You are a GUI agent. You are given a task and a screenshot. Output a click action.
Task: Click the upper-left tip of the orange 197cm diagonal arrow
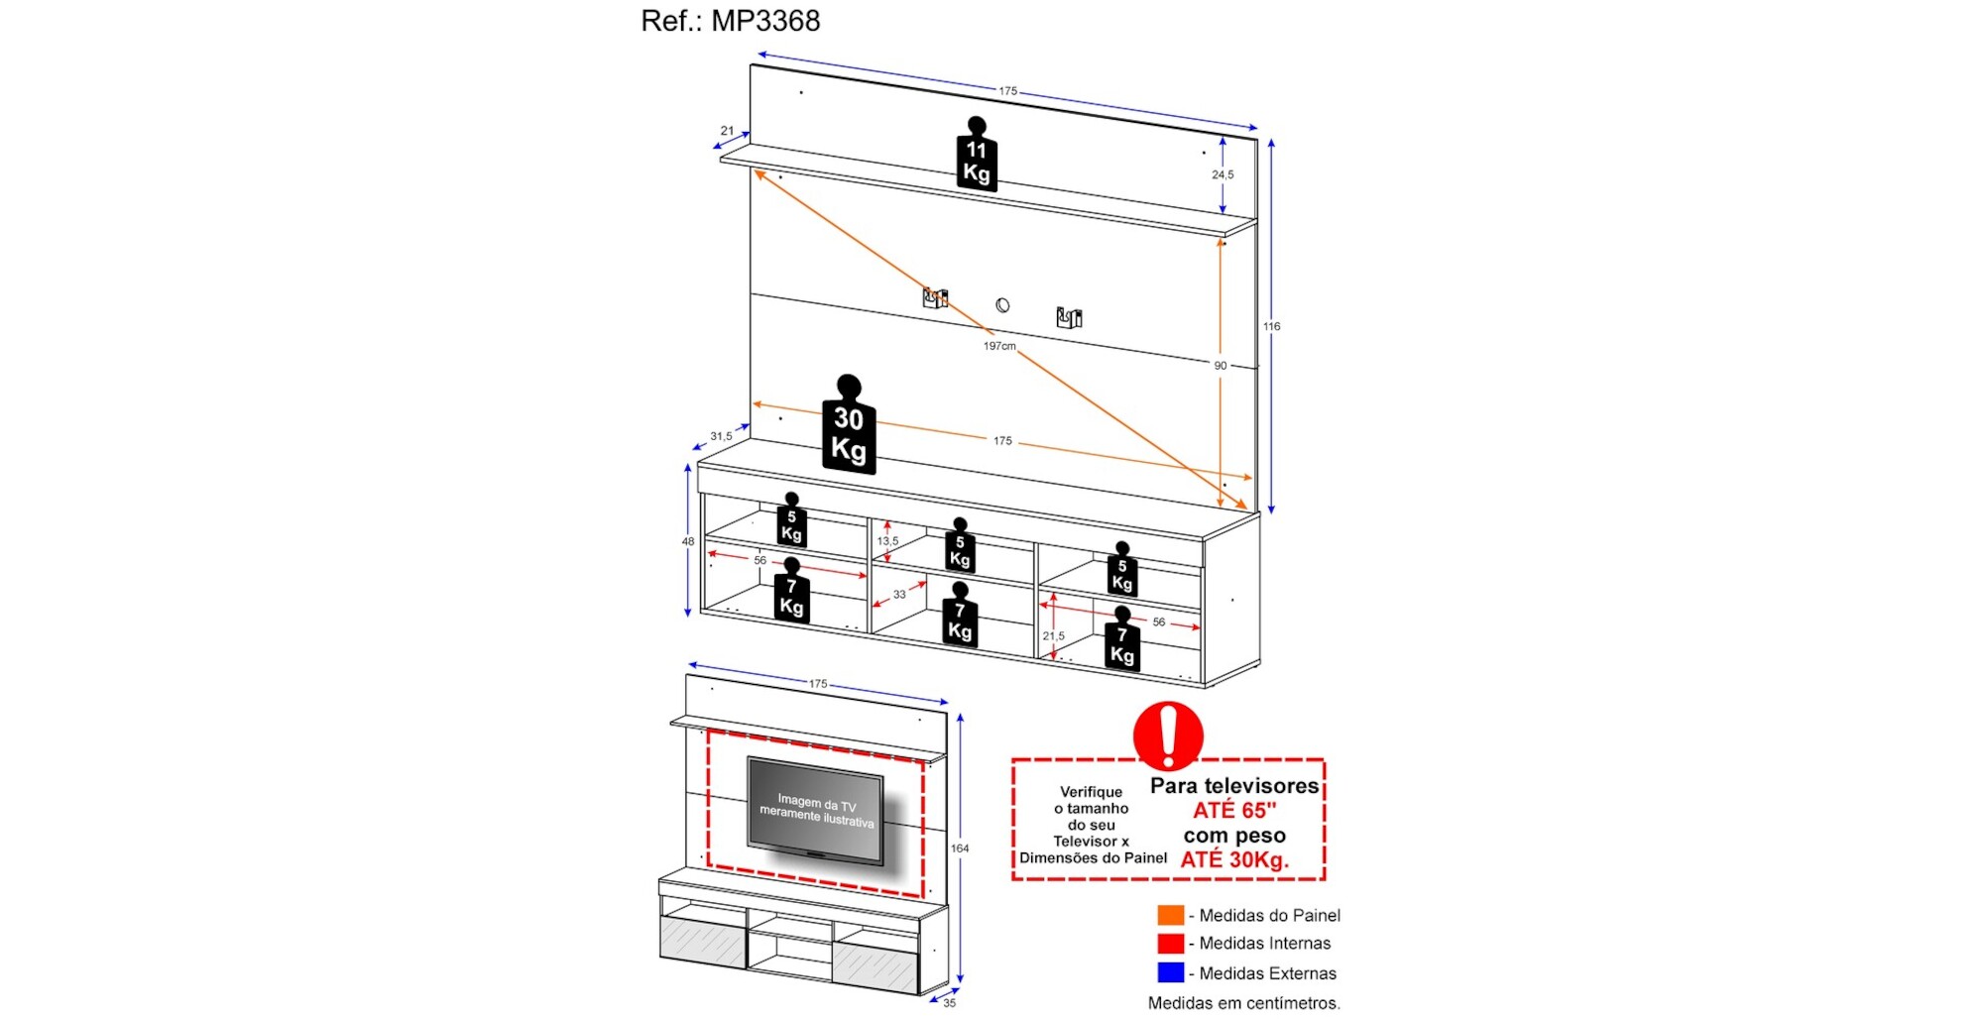(x=755, y=170)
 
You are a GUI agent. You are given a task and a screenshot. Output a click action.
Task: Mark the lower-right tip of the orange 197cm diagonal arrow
(x=1247, y=509)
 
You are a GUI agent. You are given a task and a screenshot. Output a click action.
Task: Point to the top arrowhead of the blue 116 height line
(x=1271, y=140)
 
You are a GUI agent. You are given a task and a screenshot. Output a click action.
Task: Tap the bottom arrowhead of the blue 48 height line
(x=688, y=617)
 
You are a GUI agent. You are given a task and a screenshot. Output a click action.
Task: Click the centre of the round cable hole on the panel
(x=1002, y=305)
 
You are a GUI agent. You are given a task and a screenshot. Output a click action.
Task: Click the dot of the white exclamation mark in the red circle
(x=1168, y=760)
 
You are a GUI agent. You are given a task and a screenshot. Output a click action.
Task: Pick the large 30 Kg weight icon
(x=849, y=424)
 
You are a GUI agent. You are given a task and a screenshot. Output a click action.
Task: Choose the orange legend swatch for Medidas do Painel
(x=1171, y=915)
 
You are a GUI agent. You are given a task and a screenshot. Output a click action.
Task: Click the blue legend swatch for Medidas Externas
(x=1171, y=972)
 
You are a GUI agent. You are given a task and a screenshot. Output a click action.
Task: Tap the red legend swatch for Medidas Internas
(x=1171, y=944)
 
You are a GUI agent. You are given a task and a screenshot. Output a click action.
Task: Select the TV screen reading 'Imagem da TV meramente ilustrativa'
(x=815, y=810)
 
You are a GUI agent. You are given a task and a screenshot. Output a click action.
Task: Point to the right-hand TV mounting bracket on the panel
(x=1069, y=317)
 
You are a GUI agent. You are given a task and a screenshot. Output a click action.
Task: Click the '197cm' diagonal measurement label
(x=999, y=346)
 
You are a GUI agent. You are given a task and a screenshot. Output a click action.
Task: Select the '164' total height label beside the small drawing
(x=960, y=849)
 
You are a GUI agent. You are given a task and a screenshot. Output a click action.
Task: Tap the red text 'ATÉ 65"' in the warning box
(x=1234, y=811)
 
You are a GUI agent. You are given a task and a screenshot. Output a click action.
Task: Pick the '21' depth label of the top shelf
(x=727, y=131)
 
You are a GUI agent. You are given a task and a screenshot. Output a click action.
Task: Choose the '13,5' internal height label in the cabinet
(x=887, y=541)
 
